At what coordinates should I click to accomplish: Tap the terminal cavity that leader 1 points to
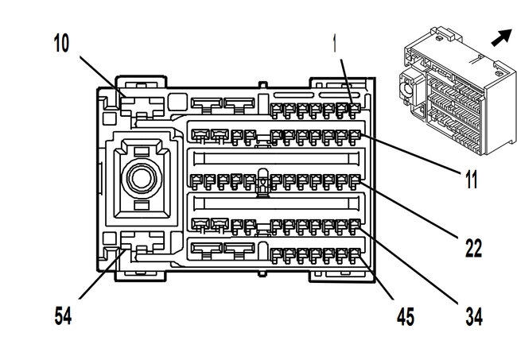click(x=353, y=110)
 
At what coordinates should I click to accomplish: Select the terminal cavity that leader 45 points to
click(x=354, y=254)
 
